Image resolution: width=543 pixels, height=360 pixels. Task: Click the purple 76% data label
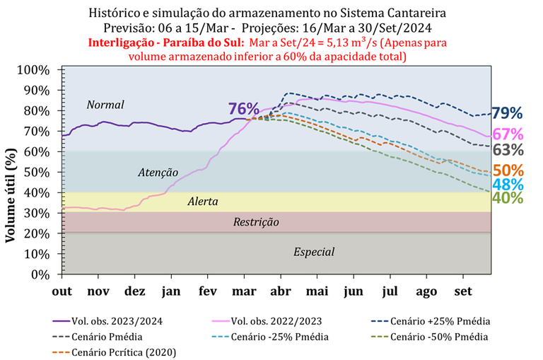point(243,108)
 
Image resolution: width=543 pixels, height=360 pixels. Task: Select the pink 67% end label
point(508,134)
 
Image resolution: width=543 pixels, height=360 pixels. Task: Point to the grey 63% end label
point(508,149)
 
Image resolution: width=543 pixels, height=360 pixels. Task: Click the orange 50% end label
point(508,170)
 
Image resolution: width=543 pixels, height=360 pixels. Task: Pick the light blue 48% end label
point(508,184)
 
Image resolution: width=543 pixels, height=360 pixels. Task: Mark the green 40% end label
point(508,198)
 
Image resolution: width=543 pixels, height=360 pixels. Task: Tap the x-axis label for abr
point(281,291)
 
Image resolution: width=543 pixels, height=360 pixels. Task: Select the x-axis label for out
point(62,291)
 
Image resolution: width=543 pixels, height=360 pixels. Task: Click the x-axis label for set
point(464,291)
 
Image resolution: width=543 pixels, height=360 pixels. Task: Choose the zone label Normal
point(105,105)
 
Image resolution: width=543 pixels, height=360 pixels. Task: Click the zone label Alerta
point(202,202)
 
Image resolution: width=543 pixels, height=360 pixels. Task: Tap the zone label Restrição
point(256,222)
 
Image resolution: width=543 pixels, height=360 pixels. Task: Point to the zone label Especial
point(314,252)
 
